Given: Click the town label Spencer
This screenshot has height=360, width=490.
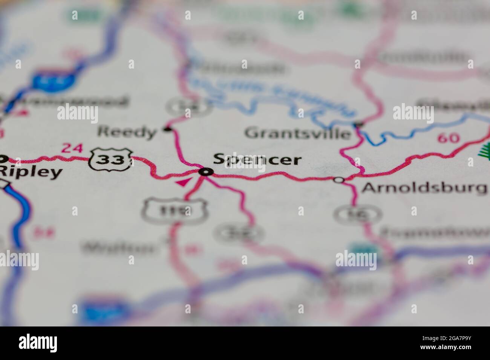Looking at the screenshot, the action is (257, 159).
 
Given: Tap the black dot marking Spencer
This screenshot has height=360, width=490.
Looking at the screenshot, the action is (205, 172).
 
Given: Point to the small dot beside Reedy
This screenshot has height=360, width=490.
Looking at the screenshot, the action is (167, 129).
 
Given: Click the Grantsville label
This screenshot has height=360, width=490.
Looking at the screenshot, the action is (297, 133).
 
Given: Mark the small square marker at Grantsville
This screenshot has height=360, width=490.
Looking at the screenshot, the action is (358, 124).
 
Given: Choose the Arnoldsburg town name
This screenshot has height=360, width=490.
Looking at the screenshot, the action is (424, 187).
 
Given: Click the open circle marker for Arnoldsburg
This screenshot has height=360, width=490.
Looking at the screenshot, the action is (339, 180).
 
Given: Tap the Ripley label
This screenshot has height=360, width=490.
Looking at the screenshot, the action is (31, 172).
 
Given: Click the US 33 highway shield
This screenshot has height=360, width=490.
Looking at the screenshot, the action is (111, 160).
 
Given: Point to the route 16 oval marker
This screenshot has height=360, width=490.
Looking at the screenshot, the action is (351, 214).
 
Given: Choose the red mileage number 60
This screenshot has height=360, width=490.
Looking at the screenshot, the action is (448, 138).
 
